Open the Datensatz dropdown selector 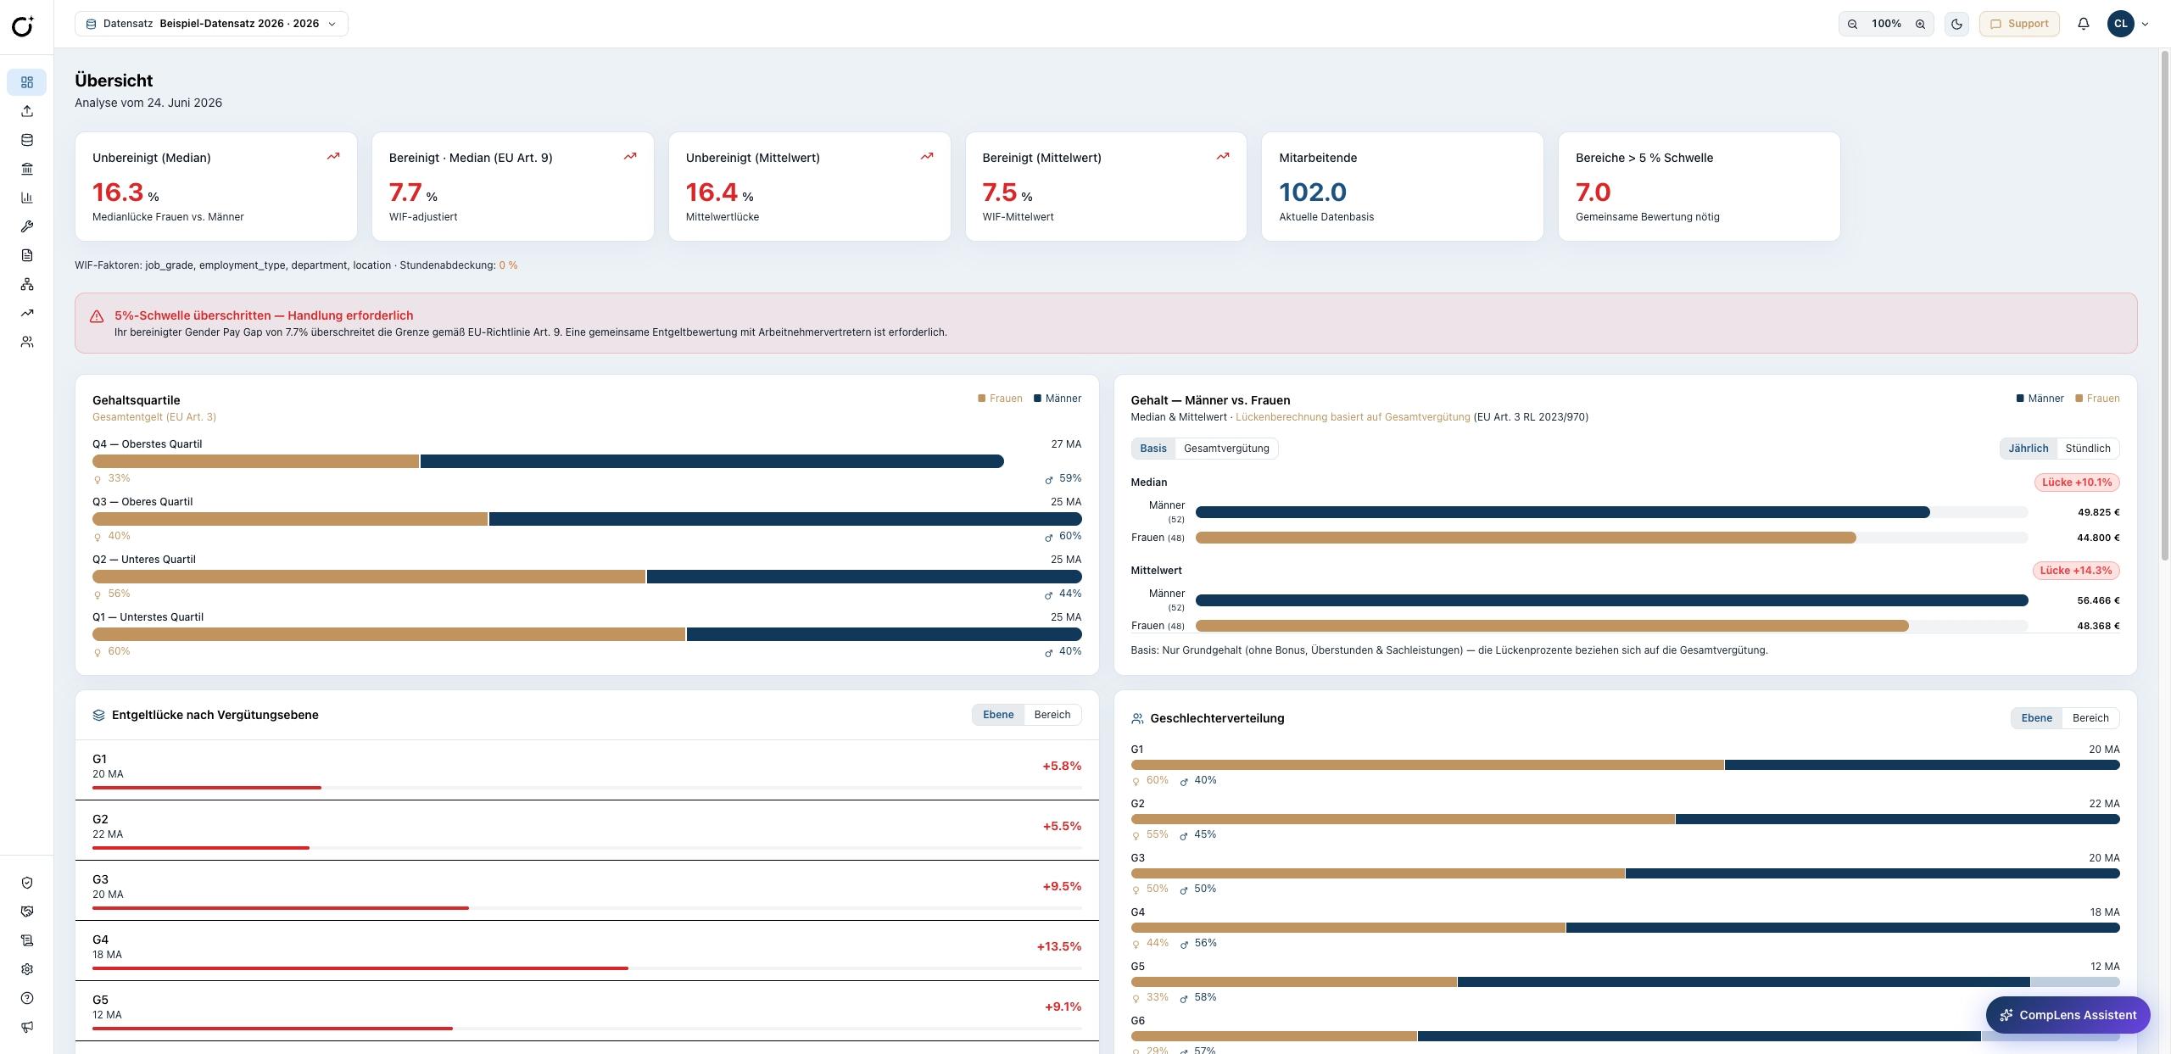211,24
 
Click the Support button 2019,24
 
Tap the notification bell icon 2084,24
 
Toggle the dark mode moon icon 1956,24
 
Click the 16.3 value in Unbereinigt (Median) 118,192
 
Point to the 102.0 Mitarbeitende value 1313,192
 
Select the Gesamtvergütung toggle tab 1226,449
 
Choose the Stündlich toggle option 2088,449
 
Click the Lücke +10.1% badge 2077,482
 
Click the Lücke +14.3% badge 2076,571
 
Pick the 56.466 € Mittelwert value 2098,600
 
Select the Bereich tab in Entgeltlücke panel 1052,715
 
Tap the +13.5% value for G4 1058,946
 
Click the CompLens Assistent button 2068,1015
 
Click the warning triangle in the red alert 97,316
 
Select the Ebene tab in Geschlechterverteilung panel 2036,718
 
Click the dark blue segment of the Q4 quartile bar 712,461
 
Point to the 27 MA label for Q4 1066,444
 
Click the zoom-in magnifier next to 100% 1920,24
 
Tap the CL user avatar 2121,24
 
